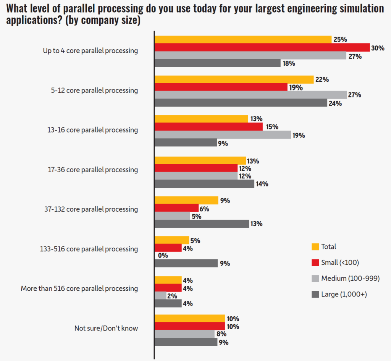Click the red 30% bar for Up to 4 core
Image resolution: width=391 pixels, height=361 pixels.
point(262,47)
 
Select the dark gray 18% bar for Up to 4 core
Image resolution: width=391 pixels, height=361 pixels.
point(218,63)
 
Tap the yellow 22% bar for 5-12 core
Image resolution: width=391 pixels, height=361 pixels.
point(234,79)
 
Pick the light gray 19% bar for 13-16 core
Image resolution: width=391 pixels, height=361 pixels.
point(223,135)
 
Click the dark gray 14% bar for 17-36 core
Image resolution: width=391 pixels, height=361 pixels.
point(204,184)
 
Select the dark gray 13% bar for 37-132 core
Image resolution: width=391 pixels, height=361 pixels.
point(202,223)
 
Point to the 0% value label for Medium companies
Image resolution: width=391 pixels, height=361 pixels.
point(163,256)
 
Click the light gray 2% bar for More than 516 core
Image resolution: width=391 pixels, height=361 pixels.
point(160,296)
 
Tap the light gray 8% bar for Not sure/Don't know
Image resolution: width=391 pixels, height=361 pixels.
point(184,334)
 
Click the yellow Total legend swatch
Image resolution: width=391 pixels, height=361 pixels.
point(315,247)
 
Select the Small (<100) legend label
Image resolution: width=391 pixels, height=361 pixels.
point(340,262)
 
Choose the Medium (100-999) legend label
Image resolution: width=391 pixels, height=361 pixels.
point(350,278)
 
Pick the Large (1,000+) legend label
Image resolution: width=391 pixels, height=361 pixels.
point(344,294)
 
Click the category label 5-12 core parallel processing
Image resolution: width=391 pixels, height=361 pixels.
point(90,91)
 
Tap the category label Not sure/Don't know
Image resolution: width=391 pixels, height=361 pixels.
point(106,328)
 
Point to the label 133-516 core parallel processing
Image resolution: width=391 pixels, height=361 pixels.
point(89,249)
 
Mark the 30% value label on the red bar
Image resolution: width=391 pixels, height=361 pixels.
point(377,48)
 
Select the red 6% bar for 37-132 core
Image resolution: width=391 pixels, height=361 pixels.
point(176,208)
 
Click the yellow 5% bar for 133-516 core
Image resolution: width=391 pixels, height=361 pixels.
point(172,240)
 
